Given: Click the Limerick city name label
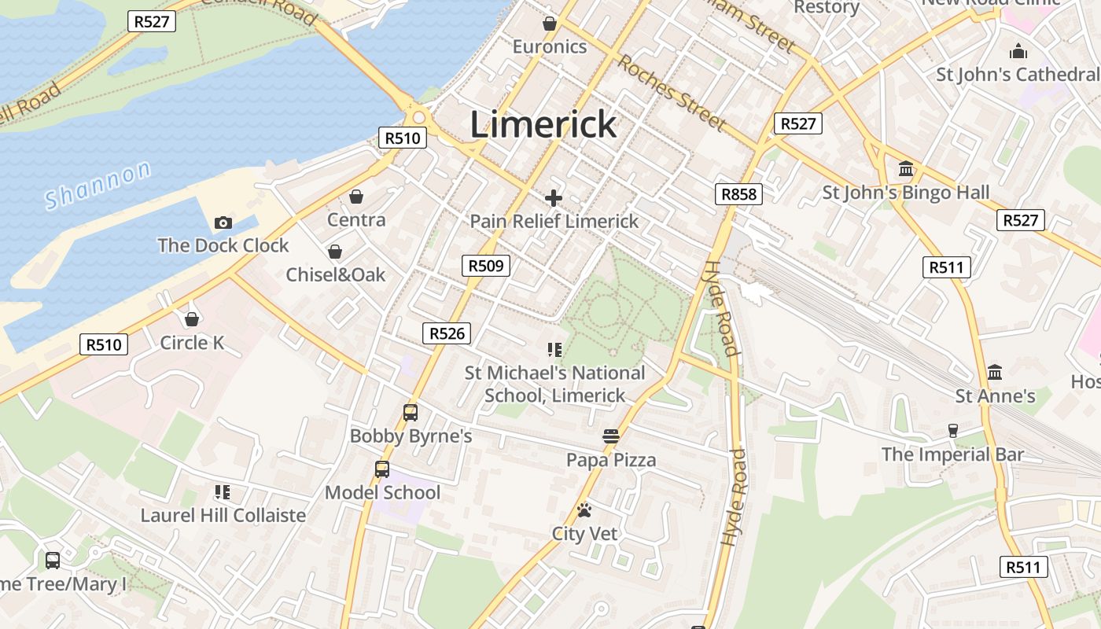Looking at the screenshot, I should [x=543, y=124].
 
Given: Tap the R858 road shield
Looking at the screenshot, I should [x=739, y=194].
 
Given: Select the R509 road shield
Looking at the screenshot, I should [x=485, y=266].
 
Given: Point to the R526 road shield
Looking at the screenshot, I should [x=447, y=333].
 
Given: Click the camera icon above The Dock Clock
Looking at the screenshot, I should [x=223, y=223].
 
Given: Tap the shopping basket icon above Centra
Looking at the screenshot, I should [x=356, y=197].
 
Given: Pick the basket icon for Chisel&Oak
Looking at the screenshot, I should [x=335, y=252].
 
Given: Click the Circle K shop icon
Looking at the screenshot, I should [x=191, y=319].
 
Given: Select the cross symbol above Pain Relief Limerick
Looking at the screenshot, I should [x=554, y=198].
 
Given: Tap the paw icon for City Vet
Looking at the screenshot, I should [x=584, y=511].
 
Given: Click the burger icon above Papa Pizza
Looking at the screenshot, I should [x=611, y=436].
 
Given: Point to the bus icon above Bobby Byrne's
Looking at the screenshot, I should [x=410, y=412].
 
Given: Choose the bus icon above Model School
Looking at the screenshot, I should [x=382, y=469].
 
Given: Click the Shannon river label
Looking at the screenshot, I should [x=98, y=185].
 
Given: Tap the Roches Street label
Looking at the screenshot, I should [x=671, y=91].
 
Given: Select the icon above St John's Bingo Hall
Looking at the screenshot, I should [x=906, y=169].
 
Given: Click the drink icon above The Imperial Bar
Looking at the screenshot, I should [x=953, y=431].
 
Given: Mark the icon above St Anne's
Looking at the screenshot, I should [x=995, y=372].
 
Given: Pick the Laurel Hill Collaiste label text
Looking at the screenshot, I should [x=223, y=516].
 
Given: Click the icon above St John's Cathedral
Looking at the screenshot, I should [x=1018, y=52].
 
